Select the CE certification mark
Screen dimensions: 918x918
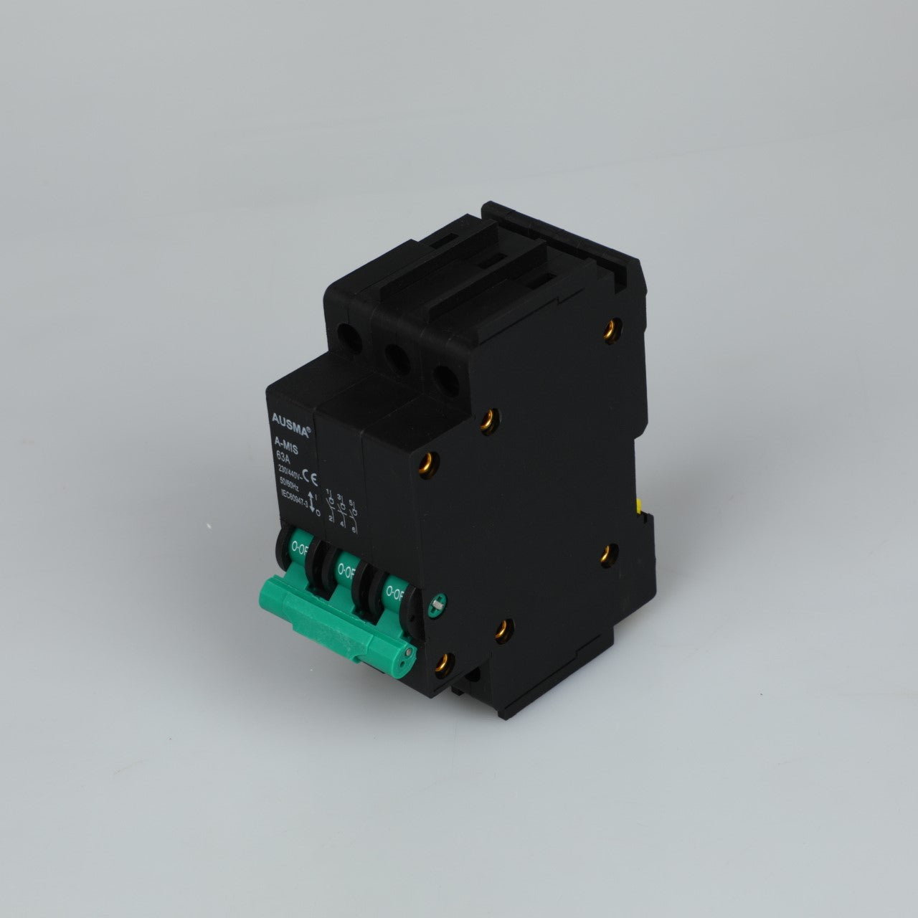click(x=313, y=474)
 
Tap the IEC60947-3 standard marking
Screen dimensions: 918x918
click(x=294, y=503)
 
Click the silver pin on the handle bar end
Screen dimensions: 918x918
click(x=408, y=653)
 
